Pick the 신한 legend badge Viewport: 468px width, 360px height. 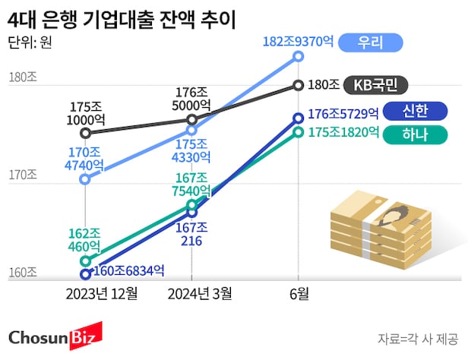coord(413,112)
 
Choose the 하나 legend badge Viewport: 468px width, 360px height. coord(413,135)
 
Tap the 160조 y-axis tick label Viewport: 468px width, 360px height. coord(22,273)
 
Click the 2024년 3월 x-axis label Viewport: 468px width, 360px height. coord(199,294)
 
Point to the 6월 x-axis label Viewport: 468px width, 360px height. coord(298,294)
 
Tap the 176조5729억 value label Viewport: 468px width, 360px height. coord(343,115)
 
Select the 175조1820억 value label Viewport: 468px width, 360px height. coord(343,133)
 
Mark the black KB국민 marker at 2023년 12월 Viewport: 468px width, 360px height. coord(86,133)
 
